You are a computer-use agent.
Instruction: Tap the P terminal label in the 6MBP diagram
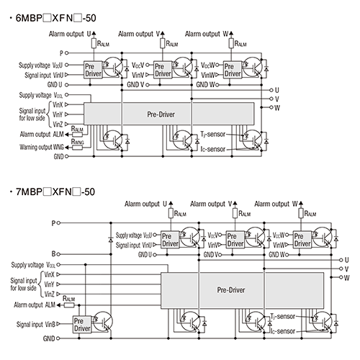pyautogui.click(x=61, y=53)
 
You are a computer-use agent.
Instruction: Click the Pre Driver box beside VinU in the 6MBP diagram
pyautogui.click(x=94, y=69)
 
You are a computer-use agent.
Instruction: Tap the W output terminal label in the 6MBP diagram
pyautogui.click(x=277, y=107)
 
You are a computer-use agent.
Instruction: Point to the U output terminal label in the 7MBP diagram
pyautogui.click(x=346, y=258)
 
